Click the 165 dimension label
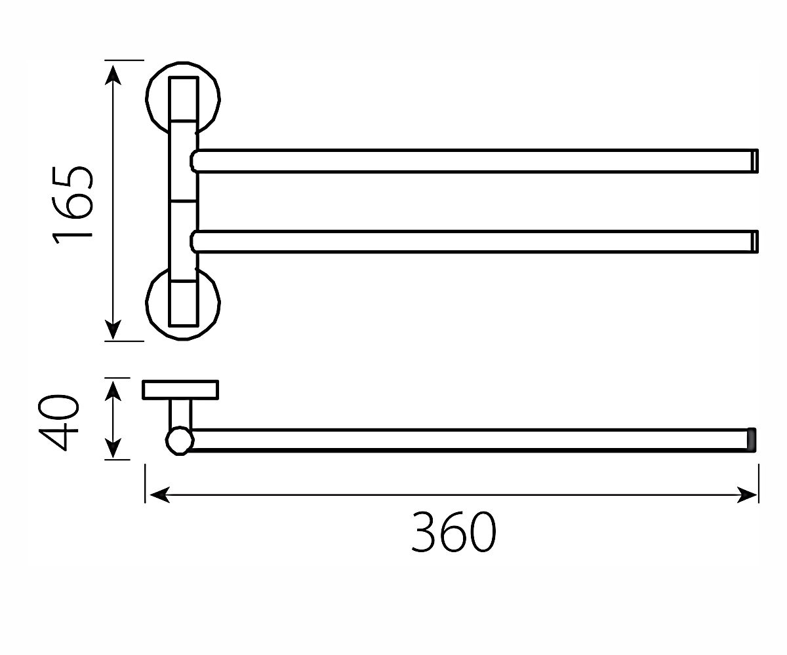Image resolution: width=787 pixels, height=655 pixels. click(x=72, y=205)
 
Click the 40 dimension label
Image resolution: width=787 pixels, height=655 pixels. click(x=59, y=422)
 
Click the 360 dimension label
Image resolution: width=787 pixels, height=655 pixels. click(x=453, y=531)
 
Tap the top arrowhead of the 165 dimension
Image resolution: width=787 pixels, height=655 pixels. click(x=113, y=75)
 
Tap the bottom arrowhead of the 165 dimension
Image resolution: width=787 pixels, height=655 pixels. click(x=113, y=329)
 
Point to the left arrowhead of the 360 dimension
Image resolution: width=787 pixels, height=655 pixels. click(x=159, y=495)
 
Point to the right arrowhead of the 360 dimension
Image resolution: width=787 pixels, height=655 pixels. click(x=747, y=495)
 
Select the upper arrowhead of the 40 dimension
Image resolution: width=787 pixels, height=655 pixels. click(x=113, y=391)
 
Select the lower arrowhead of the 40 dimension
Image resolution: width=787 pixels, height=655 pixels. click(x=113, y=448)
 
